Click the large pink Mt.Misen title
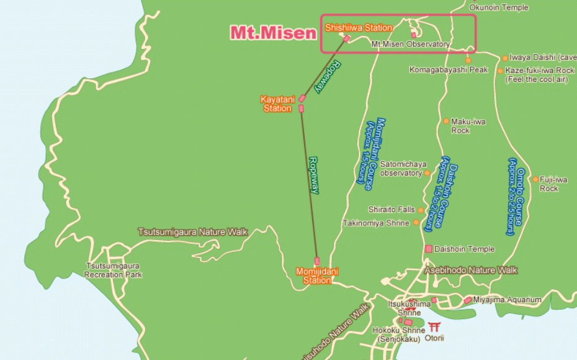pyautogui.click(x=274, y=33)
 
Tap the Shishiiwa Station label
pyautogui.click(x=359, y=28)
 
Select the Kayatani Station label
pyautogui.click(x=276, y=104)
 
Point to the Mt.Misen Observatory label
pyautogui.click(x=410, y=45)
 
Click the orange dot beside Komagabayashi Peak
pyautogui.click(x=468, y=60)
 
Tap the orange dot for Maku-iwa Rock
pyautogui.click(x=445, y=121)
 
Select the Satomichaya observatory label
pyautogui.click(x=401, y=169)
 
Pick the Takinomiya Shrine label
pyautogui.click(x=376, y=223)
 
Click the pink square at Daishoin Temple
pyautogui.click(x=428, y=249)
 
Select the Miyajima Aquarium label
pyautogui.click(x=507, y=300)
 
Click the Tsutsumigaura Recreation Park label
pyautogui.click(x=113, y=270)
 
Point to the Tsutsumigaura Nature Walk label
pyautogui.click(x=192, y=232)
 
